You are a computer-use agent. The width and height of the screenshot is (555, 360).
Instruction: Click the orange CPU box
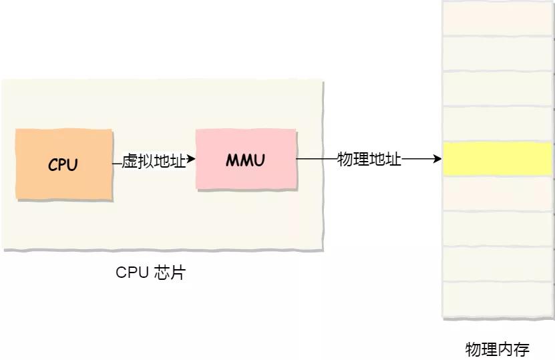[x=63, y=164]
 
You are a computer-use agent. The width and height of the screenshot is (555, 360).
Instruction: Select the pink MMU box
[x=245, y=160]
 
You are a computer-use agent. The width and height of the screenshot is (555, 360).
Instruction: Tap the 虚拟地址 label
[x=154, y=161]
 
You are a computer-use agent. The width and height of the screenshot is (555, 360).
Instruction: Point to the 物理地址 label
[x=369, y=160]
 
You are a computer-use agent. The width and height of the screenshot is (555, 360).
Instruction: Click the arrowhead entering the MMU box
[x=191, y=160]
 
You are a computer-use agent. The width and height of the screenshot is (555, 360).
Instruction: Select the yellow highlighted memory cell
[x=498, y=160]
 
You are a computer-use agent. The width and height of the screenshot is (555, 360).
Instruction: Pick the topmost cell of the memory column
[x=498, y=18]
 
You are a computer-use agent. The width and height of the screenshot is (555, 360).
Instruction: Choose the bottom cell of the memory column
[x=498, y=299]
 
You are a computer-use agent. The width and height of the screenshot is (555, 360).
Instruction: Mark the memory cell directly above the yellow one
[x=498, y=124]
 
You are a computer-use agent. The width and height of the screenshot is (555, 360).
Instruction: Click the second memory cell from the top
[x=498, y=53]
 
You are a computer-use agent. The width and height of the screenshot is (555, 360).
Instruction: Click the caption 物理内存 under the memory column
[x=497, y=349]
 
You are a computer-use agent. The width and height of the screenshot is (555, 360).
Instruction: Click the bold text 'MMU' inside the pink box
[x=245, y=160]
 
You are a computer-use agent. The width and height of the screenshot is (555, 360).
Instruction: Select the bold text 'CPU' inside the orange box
[x=63, y=165]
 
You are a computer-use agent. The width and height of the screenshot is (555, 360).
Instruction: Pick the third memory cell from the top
[x=498, y=89]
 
